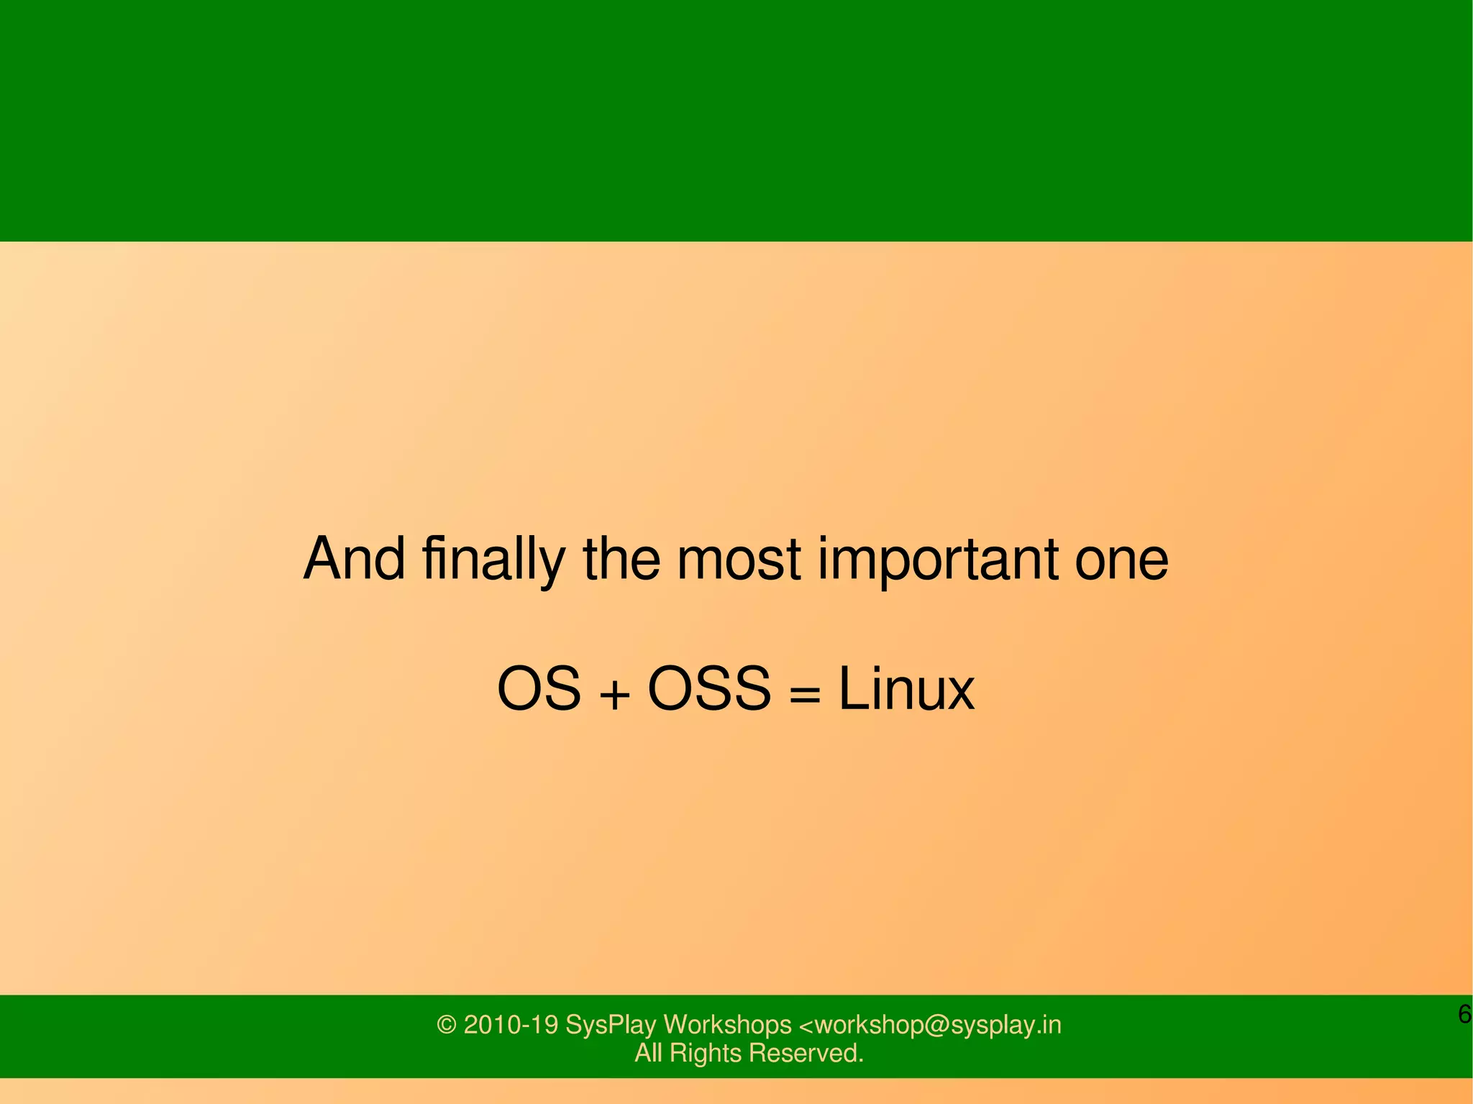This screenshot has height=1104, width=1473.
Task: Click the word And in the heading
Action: click(x=354, y=560)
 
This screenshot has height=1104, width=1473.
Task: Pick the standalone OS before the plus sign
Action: click(x=539, y=689)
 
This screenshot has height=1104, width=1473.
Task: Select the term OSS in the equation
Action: click(x=709, y=689)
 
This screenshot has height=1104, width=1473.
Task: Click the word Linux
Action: click(x=906, y=689)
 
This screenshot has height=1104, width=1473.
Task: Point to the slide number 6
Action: click(x=1464, y=1014)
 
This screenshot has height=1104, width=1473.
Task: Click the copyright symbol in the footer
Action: click(x=447, y=1025)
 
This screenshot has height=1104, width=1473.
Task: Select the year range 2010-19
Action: click(x=511, y=1025)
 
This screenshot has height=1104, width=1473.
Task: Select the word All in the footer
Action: click(x=647, y=1053)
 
